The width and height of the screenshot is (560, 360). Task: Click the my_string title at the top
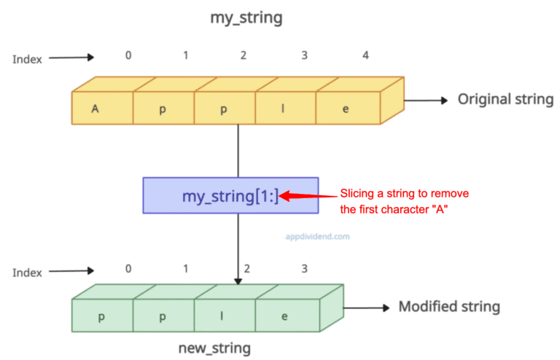(246, 17)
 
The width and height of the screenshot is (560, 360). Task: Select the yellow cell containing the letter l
(284, 109)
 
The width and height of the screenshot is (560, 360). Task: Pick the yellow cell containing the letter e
(345, 109)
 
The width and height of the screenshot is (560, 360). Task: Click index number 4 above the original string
(365, 55)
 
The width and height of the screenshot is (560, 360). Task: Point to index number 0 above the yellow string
(128, 55)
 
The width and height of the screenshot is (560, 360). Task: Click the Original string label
(505, 99)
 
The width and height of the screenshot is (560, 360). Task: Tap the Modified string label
(449, 306)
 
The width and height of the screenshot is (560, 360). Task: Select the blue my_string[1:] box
(230, 195)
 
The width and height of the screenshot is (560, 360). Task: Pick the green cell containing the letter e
(284, 316)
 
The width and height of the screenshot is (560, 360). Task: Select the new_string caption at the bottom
(214, 348)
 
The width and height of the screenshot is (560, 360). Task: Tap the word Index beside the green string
(27, 273)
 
